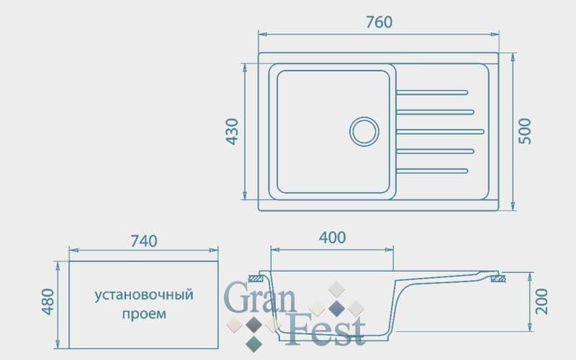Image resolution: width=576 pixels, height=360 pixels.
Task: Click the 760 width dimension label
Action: click(379, 22)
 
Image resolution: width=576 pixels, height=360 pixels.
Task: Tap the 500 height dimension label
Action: click(526, 131)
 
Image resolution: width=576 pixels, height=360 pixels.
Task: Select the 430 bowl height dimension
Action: click(232, 131)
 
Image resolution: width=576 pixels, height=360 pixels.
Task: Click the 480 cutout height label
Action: click(48, 301)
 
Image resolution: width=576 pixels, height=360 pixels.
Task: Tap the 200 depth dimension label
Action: click(542, 300)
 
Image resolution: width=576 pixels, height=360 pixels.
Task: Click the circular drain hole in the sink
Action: click(364, 131)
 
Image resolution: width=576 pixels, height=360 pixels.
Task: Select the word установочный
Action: click(144, 295)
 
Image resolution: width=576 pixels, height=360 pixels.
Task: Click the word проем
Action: click(144, 314)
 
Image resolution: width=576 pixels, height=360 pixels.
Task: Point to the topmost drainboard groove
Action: click(433, 92)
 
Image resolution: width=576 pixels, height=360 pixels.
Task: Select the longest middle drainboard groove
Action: click(440, 131)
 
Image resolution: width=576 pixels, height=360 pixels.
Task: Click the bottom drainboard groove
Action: click(433, 170)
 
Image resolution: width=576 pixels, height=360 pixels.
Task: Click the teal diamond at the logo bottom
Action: click(253, 343)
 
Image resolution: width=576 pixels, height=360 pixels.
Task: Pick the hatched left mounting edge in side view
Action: click(255, 277)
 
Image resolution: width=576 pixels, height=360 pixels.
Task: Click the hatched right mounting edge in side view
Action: click(496, 277)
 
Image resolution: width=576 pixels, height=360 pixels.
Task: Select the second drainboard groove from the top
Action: click(436, 112)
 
